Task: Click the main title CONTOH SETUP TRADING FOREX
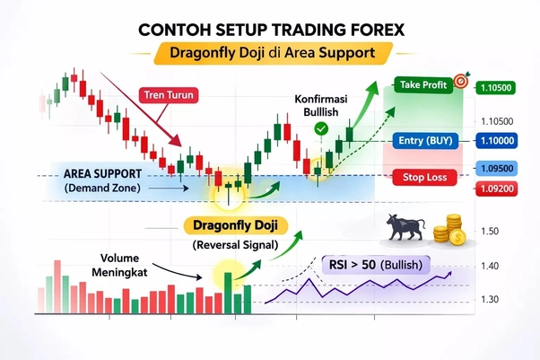point(272,29)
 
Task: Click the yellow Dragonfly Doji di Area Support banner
point(272,53)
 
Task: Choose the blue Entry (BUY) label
point(423,141)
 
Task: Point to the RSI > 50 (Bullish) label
point(375,266)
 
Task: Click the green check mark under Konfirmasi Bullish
point(321,130)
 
